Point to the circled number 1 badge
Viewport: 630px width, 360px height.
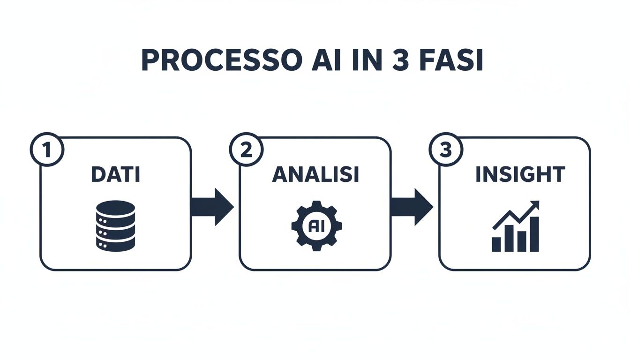point(46,150)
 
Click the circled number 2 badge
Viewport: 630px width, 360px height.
point(246,150)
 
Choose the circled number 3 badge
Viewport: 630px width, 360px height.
point(445,150)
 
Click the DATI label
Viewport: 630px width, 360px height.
point(115,175)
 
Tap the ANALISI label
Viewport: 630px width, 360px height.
point(315,175)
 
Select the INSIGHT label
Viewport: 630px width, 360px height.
point(520,175)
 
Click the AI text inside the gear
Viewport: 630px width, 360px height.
point(316,225)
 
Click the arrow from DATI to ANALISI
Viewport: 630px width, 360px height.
point(212,207)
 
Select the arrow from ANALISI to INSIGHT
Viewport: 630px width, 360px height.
point(412,207)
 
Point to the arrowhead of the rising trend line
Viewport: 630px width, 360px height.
point(535,205)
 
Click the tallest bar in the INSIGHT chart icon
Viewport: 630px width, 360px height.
point(533,234)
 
